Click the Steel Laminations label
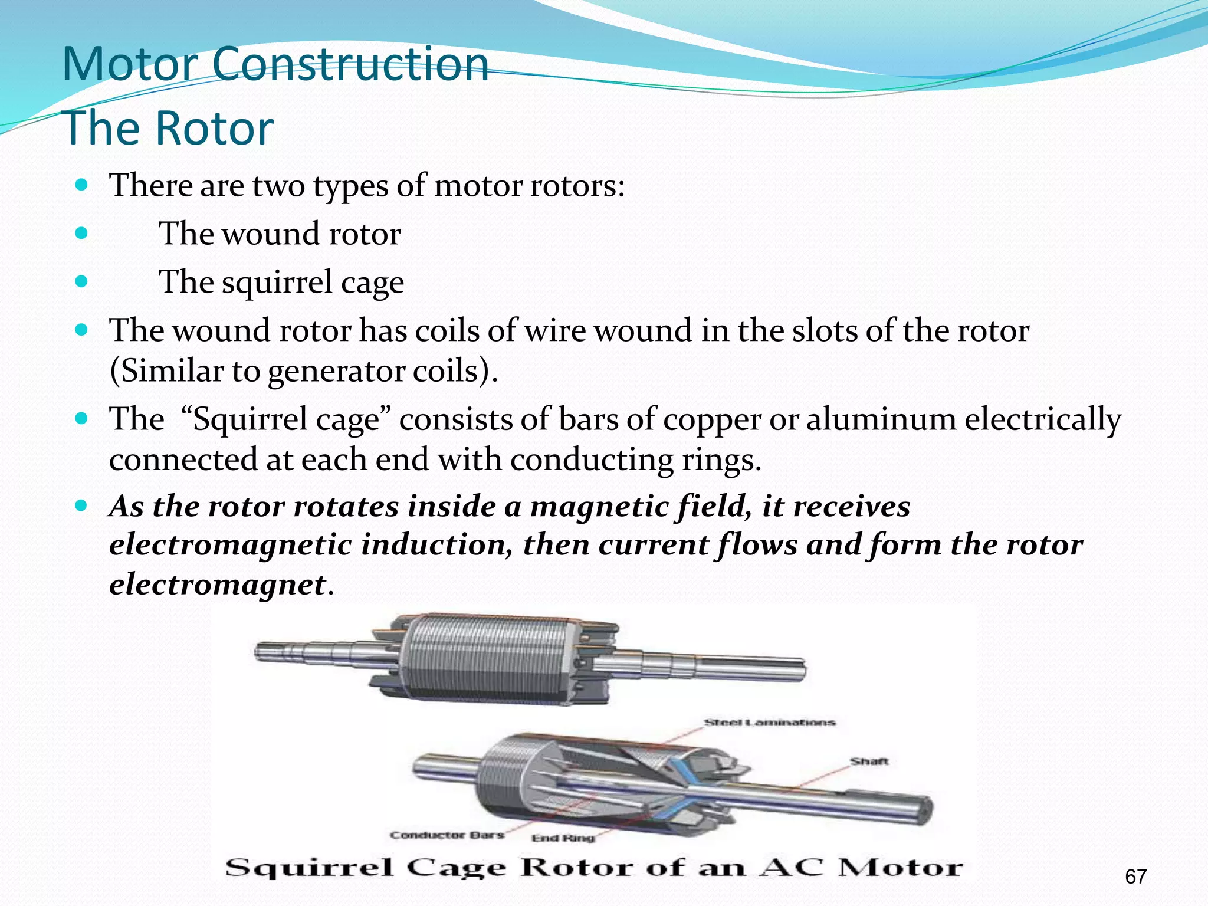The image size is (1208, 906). pyautogui.click(x=769, y=722)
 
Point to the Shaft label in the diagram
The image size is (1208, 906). pyautogui.click(x=869, y=761)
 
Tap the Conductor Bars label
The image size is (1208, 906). pyautogui.click(x=447, y=835)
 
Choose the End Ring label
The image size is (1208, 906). pyautogui.click(x=563, y=838)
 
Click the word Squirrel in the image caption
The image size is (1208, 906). pyautogui.click(x=309, y=868)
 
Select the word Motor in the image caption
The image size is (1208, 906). pyautogui.click(x=901, y=868)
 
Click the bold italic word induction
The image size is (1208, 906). pyautogui.click(x=436, y=544)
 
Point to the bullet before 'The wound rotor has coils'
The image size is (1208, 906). pyautogui.click(x=82, y=329)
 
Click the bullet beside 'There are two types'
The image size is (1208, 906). pyautogui.click(x=82, y=185)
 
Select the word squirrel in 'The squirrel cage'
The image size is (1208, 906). pyautogui.click(x=277, y=282)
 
